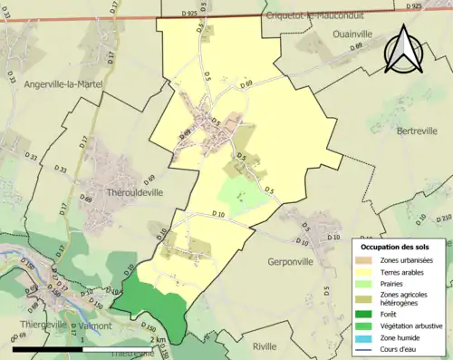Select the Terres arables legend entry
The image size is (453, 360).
tap(406, 271)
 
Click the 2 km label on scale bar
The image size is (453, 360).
tap(159, 340)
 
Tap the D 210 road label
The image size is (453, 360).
tap(444, 218)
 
